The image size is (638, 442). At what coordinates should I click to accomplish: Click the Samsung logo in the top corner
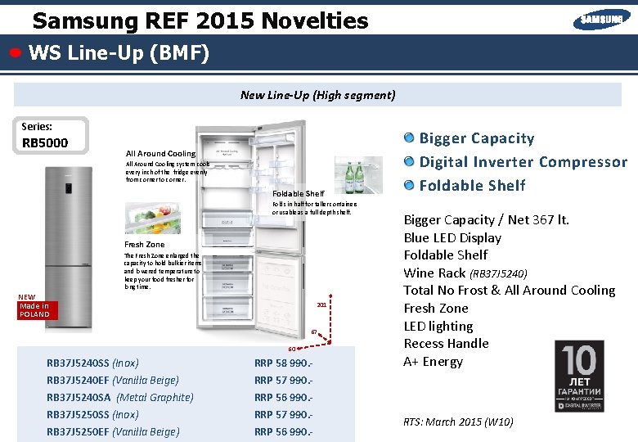pos(601,19)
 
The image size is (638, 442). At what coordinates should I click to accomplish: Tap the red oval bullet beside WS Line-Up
pos(16,53)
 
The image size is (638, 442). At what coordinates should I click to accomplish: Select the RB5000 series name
pos(45,144)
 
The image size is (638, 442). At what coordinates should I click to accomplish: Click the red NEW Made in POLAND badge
pos(34,306)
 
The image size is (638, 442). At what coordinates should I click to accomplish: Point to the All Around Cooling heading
pos(160,154)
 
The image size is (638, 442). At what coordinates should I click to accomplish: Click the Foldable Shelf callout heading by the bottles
pos(298,194)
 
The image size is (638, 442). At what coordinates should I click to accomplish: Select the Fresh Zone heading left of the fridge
pos(144,245)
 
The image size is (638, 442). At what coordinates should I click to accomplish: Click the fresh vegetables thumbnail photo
pos(152,218)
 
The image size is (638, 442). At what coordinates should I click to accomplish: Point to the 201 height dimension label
pos(321,305)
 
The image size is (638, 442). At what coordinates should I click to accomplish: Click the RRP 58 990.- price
pos(283,363)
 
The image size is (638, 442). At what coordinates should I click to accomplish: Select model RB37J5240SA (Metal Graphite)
pos(120,398)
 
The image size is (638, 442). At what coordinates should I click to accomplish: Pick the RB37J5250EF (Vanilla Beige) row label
pos(113,432)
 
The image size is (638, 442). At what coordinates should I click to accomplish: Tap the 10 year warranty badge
pos(579,375)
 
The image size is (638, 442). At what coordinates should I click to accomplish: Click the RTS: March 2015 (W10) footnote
pos(458,422)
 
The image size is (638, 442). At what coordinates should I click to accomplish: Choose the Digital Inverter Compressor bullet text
pos(523,162)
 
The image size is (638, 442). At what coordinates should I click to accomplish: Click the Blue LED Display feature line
pos(452,238)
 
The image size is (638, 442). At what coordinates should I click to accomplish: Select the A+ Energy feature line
pos(433,362)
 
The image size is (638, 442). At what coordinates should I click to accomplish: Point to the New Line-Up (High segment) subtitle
pos(317,95)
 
